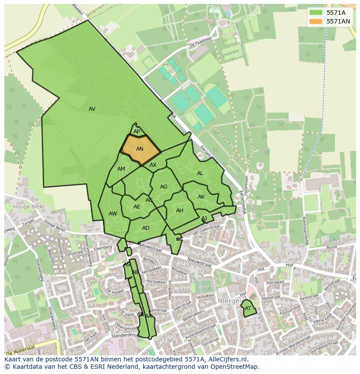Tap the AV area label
(x=92, y=109)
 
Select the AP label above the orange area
(x=137, y=132)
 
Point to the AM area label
(x=121, y=169)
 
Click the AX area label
(x=153, y=165)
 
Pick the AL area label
(x=200, y=173)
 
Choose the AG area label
(x=163, y=187)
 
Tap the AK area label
(x=201, y=197)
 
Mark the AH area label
(x=180, y=211)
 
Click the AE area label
(x=137, y=207)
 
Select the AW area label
(x=113, y=214)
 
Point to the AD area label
(x=146, y=228)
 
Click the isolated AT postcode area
(x=248, y=308)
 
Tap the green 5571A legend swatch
(x=316, y=13)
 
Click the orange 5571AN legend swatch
(x=316, y=21)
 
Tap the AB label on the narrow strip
(x=135, y=272)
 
